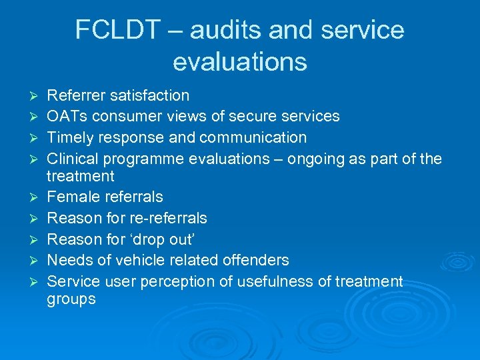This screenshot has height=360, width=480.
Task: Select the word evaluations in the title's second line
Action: coord(240,61)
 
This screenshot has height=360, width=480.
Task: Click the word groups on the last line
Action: coord(71,300)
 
